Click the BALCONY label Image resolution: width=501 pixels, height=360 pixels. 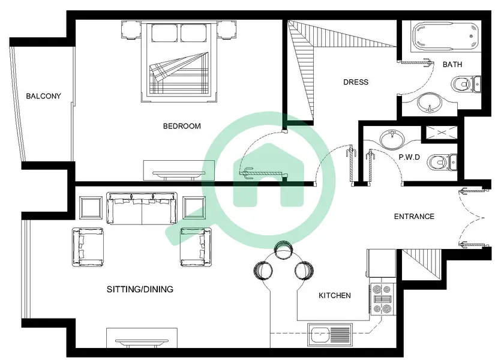click(x=43, y=96)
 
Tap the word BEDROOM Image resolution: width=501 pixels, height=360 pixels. click(x=182, y=126)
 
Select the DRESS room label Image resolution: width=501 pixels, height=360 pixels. click(x=356, y=82)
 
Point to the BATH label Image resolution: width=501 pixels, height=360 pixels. click(x=452, y=65)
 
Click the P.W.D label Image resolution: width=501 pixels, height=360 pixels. click(x=409, y=157)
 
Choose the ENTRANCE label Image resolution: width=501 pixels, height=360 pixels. click(x=414, y=217)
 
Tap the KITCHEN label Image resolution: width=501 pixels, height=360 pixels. click(x=335, y=295)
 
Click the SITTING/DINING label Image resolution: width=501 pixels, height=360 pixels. click(x=140, y=289)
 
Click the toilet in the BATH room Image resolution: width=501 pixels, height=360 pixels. click(x=466, y=85)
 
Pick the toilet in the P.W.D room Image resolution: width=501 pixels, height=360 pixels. click(x=442, y=162)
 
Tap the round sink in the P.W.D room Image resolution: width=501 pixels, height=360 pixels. click(x=392, y=140)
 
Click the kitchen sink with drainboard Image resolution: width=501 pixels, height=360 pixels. click(x=329, y=335)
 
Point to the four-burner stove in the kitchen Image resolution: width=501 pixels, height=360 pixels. click(x=383, y=299)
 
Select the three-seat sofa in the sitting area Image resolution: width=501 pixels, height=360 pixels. click(x=142, y=208)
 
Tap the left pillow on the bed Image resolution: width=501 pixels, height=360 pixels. click(x=164, y=32)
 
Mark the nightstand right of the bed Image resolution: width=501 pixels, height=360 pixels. click(x=227, y=30)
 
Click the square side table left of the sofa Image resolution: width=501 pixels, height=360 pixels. click(x=91, y=208)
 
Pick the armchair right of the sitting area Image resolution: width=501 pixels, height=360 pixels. click(x=196, y=247)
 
